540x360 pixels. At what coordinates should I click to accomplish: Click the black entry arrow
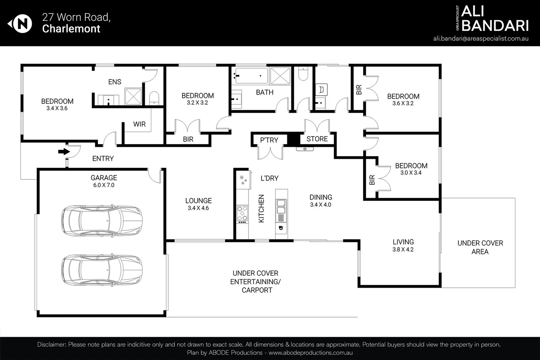64,152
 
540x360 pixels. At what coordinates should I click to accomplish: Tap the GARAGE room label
104,178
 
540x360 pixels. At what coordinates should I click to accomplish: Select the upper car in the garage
102,221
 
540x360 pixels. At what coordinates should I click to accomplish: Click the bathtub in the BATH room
251,76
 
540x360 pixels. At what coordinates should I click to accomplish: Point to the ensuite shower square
133,97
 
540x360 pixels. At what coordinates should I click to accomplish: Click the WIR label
139,124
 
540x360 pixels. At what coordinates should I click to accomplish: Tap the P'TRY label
269,140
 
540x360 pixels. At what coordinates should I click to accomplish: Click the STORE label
317,139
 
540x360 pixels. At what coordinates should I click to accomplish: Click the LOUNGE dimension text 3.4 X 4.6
198,208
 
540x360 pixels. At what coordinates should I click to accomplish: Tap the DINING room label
321,197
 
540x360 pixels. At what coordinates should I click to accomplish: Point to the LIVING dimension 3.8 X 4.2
403,250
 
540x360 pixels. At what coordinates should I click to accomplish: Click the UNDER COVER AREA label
480,247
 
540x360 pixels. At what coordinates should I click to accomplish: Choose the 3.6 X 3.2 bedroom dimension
403,104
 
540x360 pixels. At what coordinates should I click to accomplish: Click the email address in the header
481,39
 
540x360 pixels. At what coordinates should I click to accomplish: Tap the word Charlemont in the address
71,29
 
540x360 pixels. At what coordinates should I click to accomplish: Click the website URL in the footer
311,353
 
